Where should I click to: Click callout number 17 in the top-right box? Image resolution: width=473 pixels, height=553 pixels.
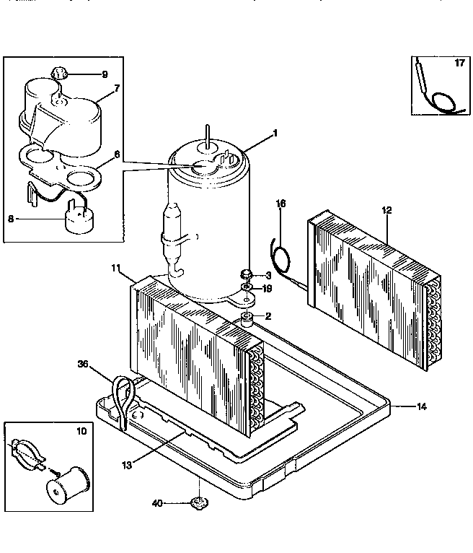pyautogui.click(x=459, y=64)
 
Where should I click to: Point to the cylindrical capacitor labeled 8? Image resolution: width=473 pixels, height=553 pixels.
pyautogui.click(x=79, y=217)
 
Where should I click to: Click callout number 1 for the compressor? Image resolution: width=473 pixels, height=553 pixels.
pyautogui.click(x=275, y=134)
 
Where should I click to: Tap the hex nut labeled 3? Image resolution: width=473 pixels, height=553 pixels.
pyautogui.click(x=246, y=274)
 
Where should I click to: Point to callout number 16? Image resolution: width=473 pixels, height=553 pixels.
pyautogui.click(x=281, y=205)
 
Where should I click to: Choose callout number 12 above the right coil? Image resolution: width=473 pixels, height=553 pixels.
pyautogui.click(x=386, y=210)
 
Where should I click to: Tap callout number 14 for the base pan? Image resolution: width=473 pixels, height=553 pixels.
pyautogui.click(x=422, y=407)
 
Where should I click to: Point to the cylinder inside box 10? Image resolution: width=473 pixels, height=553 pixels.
pyautogui.click(x=70, y=482)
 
